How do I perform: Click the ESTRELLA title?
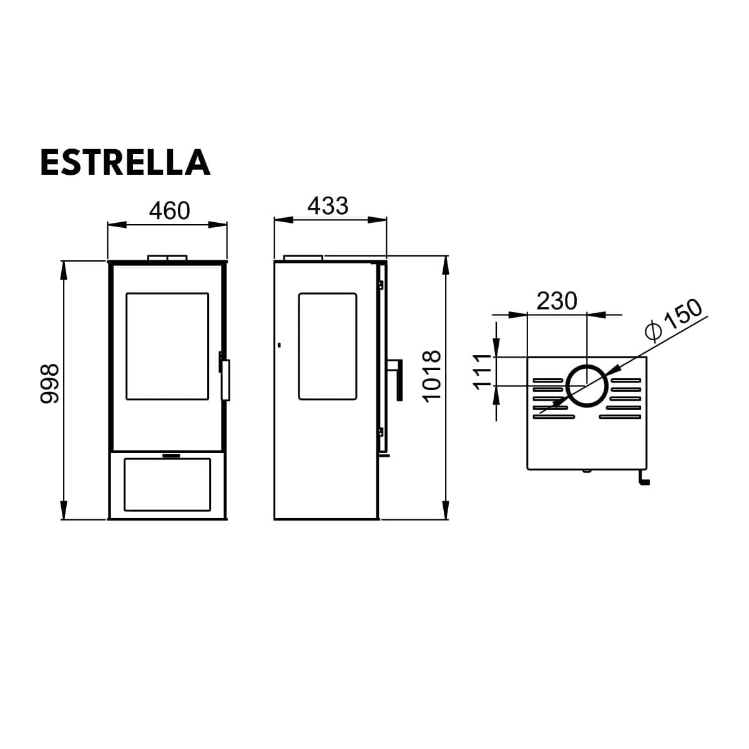click(x=125, y=162)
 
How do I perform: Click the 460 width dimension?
click(x=170, y=211)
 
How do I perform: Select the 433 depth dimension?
click(x=328, y=205)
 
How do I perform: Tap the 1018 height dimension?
click(x=431, y=376)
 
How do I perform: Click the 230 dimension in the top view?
click(x=557, y=301)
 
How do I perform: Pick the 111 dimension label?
click(x=482, y=371)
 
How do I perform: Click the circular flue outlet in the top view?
click(x=587, y=386)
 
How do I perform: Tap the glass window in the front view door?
click(x=167, y=346)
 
